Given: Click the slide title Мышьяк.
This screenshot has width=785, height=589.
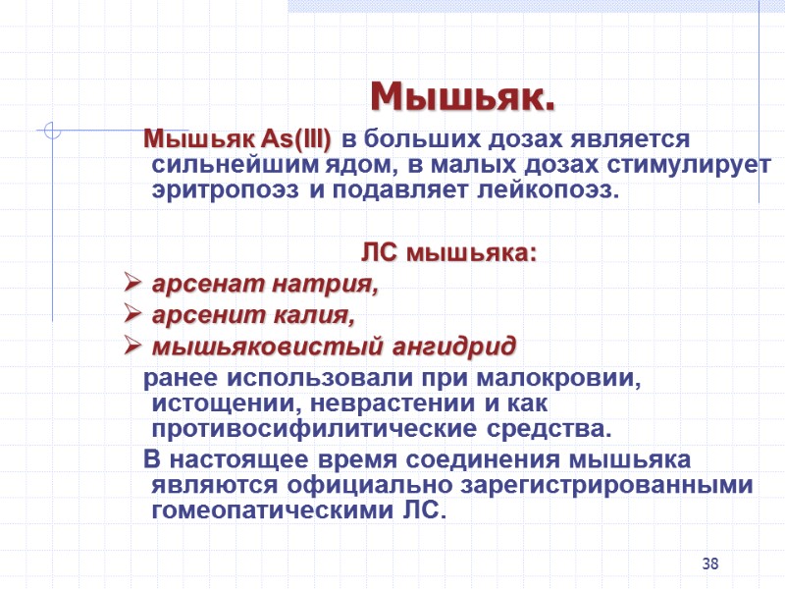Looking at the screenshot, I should point(462,97).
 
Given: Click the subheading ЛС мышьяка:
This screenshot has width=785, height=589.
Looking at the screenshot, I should point(449,254).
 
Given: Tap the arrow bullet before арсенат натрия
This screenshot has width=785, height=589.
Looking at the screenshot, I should point(134,287).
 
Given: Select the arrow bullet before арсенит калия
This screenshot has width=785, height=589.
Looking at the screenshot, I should point(134,317).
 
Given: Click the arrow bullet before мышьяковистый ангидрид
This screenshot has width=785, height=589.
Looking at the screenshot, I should point(134,348).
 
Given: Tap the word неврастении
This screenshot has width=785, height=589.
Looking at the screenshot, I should point(393,403).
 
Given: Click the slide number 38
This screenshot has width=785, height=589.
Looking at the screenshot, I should point(711,563).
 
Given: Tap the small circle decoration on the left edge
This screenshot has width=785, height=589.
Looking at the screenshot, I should point(54,131).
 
